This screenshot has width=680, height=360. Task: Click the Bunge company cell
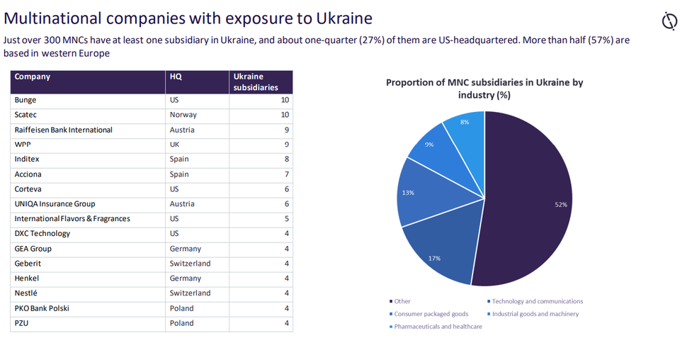click(x=25, y=100)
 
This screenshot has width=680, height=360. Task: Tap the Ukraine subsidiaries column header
click(x=256, y=82)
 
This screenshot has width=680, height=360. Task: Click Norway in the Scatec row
click(x=183, y=115)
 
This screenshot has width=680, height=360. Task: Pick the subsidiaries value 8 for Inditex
click(x=285, y=159)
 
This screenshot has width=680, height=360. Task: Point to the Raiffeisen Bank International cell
click(x=63, y=130)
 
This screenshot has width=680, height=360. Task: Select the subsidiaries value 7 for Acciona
click(x=285, y=174)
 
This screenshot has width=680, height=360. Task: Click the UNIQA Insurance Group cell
click(x=55, y=204)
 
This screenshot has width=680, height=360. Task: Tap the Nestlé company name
click(x=26, y=293)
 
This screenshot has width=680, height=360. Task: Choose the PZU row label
click(x=22, y=322)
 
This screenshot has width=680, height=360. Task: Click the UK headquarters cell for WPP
click(x=175, y=145)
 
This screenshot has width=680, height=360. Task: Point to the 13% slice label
click(x=408, y=192)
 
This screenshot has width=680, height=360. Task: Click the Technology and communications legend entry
click(x=537, y=301)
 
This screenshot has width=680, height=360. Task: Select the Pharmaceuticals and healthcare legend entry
click(x=438, y=327)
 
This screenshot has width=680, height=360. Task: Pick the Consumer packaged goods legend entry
click(x=431, y=314)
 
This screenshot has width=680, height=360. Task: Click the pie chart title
click(x=484, y=89)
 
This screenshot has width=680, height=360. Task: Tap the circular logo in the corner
click(x=669, y=21)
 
